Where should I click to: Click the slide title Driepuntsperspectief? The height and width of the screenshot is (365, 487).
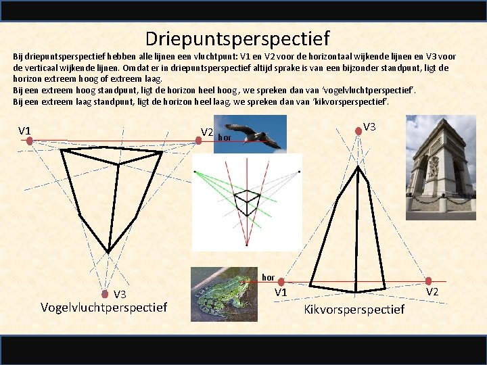click(x=237, y=39)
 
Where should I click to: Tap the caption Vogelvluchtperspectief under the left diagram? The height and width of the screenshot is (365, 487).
click(x=103, y=308)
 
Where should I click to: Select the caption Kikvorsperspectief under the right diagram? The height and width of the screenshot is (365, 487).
click(x=354, y=309)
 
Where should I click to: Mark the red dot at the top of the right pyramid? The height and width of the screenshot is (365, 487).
click(x=357, y=141)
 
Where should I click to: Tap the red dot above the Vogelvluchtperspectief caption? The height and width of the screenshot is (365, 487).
click(x=106, y=294)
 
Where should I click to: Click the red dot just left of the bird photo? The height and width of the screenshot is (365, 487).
click(x=199, y=141)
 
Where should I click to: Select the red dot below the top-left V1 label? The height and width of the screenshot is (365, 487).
click(x=30, y=141)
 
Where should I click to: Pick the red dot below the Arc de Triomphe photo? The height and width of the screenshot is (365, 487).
click(x=429, y=281)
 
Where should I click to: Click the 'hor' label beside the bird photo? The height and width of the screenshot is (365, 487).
click(x=225, y=138)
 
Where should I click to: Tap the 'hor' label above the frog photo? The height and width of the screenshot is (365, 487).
click(x=269, y=277)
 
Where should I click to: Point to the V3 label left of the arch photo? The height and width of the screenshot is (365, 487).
click(x=370, y=126)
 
